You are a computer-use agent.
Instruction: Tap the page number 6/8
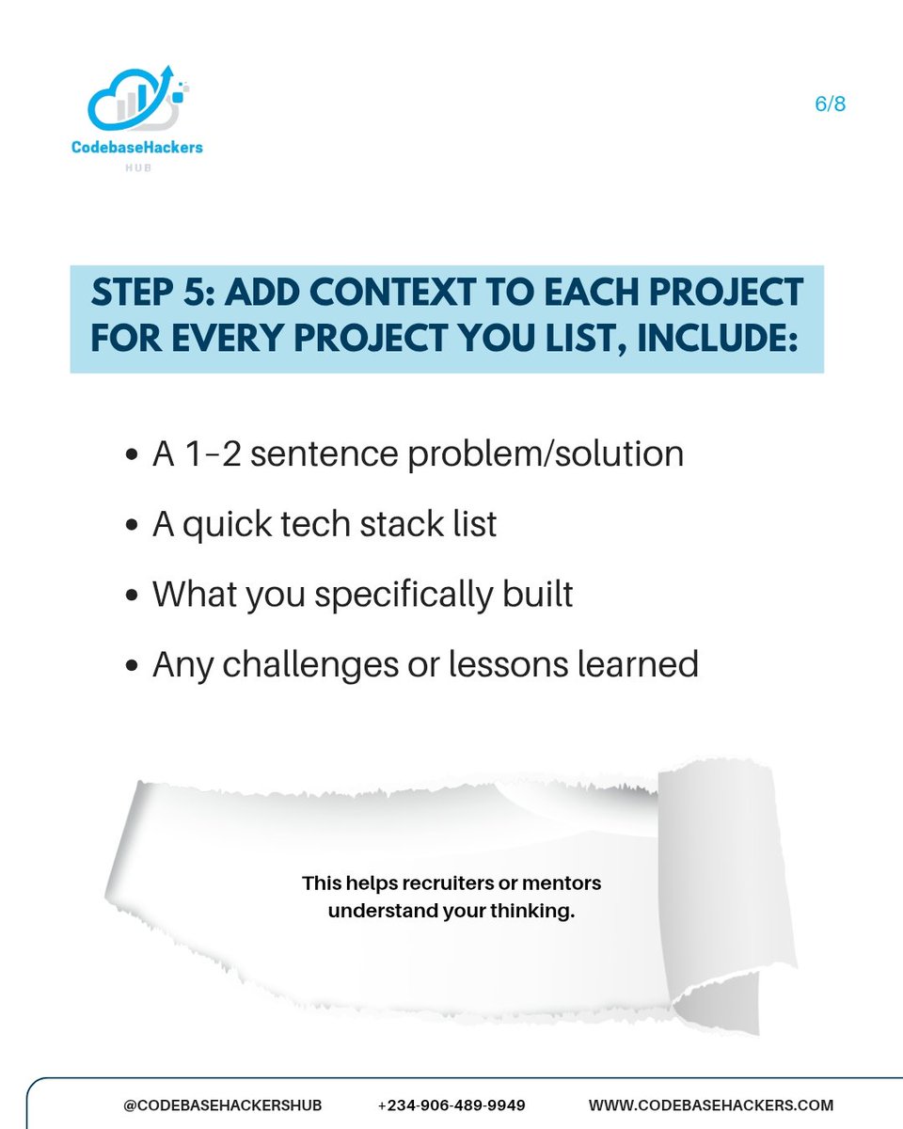pos(831,103)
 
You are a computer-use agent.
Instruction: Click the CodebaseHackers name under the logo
pos(137,148)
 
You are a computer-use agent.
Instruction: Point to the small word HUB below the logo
pos(137,167)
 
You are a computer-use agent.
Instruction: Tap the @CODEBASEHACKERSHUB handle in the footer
pos(214,1105)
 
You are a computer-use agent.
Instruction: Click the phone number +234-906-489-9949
pos(451,1105)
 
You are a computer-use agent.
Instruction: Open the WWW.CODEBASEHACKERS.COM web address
pos(711,1105)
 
